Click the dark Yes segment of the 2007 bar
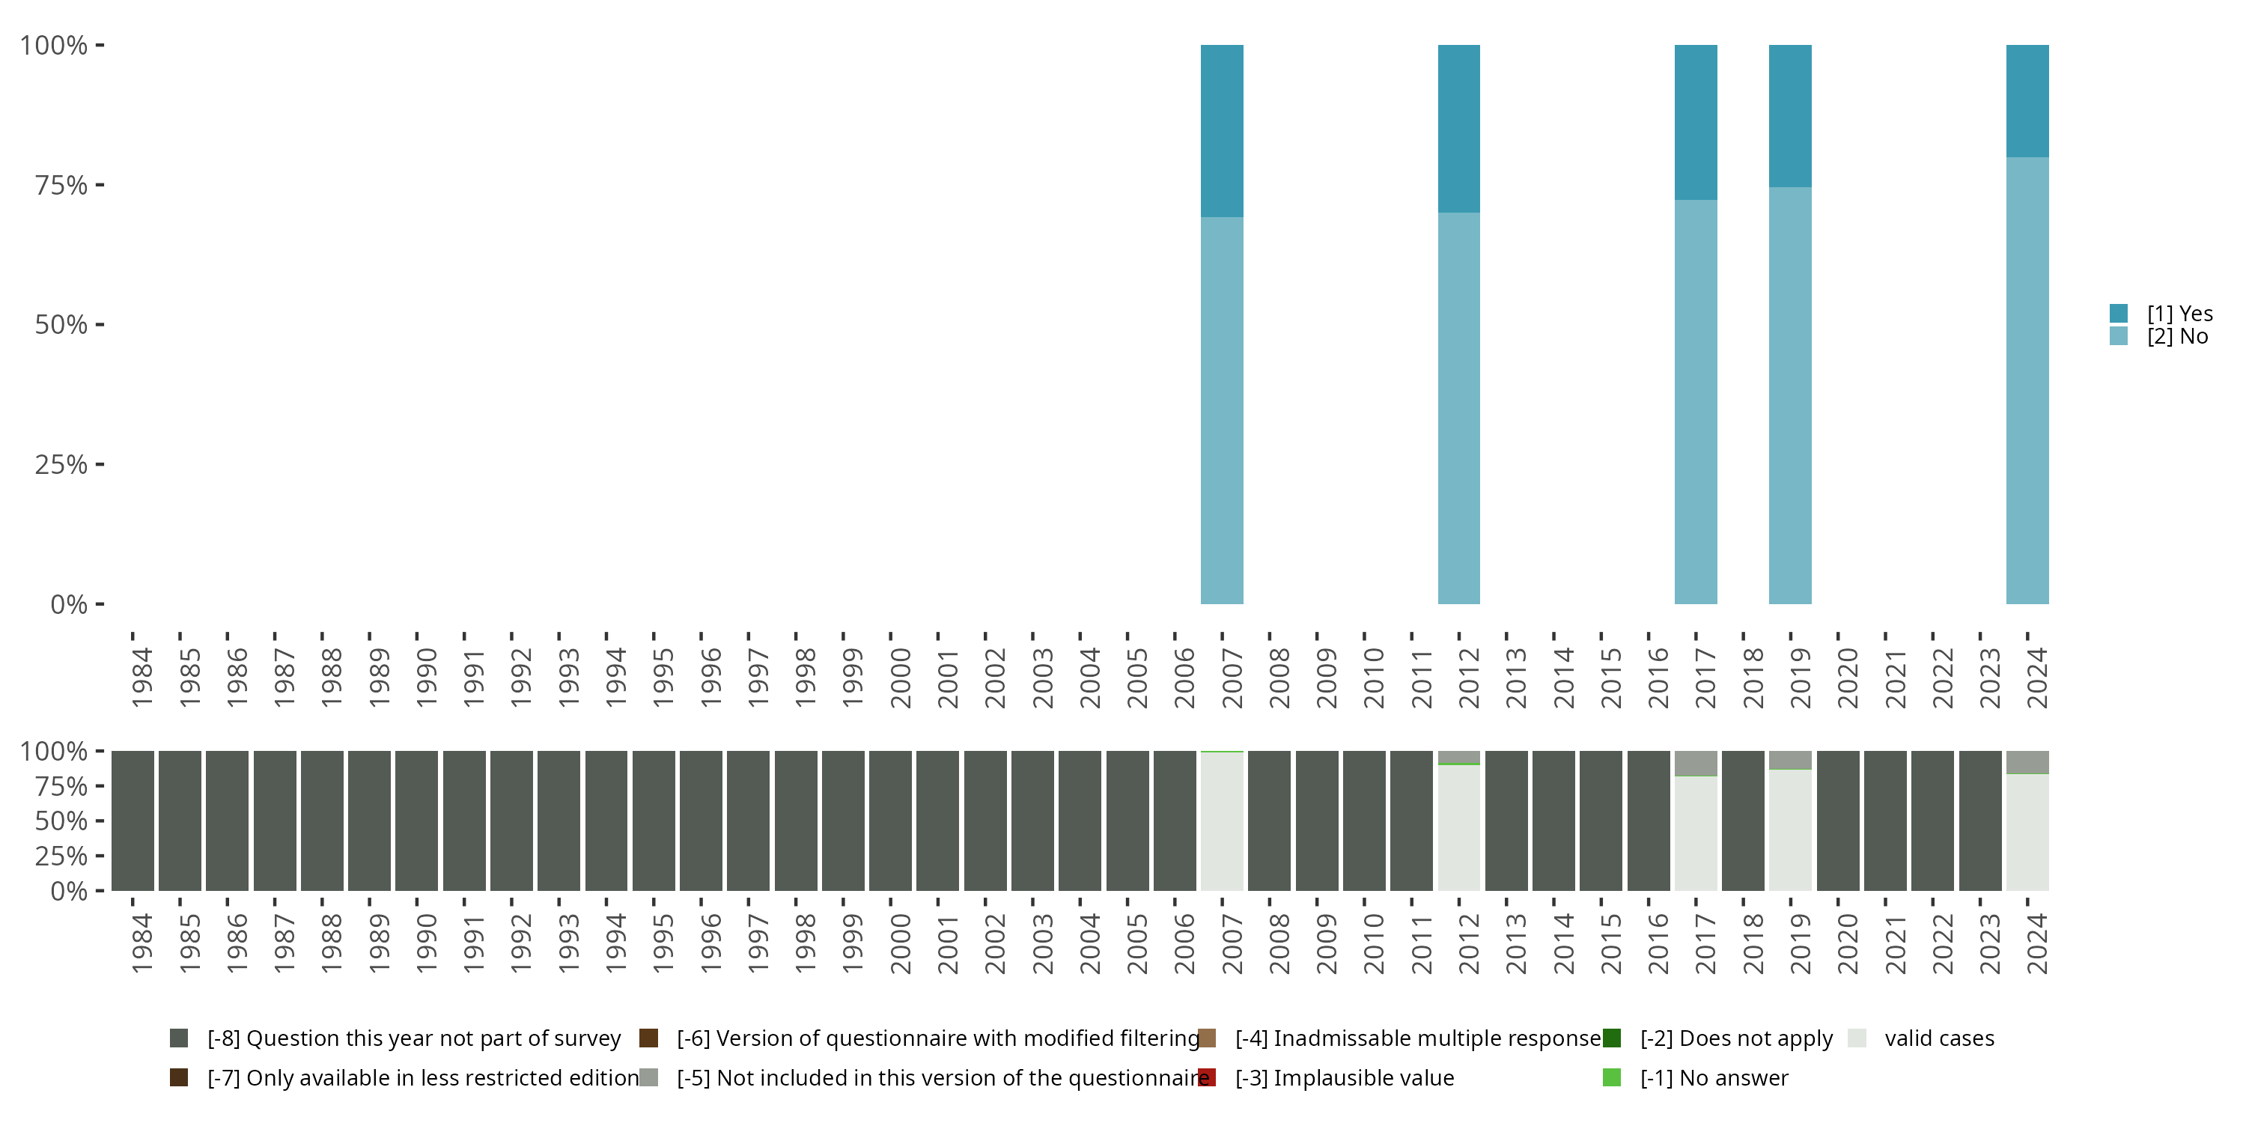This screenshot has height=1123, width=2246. [x=1222, y=131]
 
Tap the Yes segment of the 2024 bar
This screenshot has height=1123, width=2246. [x=2027, y=100]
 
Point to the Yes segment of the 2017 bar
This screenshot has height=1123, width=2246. [x=1696, y=122]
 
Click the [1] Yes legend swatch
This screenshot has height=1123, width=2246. [x=2119, y=313]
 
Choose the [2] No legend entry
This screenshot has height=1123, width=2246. [x=2177, y=337]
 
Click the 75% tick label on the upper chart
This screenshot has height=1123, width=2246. [x=61, y=185]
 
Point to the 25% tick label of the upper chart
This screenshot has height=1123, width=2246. [x=61, y=465]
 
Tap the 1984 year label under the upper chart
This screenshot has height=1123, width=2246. [x=142, y=678]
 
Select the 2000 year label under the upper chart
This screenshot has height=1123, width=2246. [x=900, y=678]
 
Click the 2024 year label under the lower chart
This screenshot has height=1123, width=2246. [x=2036, y=943]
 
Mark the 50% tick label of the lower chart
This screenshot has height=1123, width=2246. [x=61, y=821]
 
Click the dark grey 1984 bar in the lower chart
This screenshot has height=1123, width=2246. [x=133, y=821]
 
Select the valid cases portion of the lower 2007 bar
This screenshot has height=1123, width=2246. [x=1222, y=821]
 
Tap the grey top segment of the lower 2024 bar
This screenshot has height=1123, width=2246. [x=2027, y=762]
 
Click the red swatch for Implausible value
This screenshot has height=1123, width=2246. [x=1207, y=1077]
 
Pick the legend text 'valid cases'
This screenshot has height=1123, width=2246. [x=1939, y=1038]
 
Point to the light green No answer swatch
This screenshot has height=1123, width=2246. [x=1611, y=1077]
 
